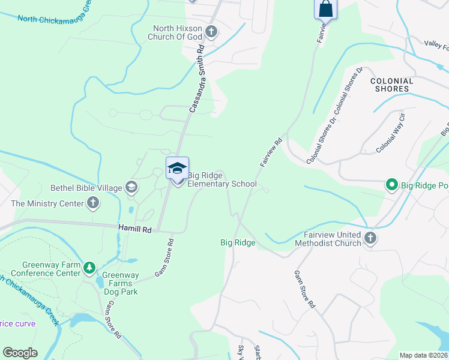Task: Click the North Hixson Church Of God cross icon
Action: (211, 31)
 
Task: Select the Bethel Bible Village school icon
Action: (131, 188)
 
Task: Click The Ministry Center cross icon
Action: (92, 203)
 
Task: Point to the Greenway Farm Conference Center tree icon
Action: (89, 267)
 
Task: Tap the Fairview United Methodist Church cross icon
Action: (370, 238)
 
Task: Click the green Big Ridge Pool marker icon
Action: (393, 185)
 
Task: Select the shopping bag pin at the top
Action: (325, 9)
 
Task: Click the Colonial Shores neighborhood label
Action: (392, 85)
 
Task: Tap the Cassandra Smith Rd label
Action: (197, 80)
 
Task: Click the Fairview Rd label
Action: (271, 153)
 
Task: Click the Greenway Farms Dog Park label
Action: (119, 284)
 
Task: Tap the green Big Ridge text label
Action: (238, 242)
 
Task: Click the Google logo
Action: (20, 353)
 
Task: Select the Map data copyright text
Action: (423, 355)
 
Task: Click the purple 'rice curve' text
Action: (17, 323)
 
